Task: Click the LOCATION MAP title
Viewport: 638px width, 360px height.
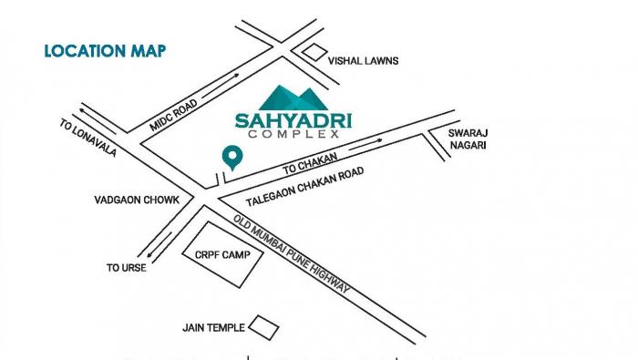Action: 105,50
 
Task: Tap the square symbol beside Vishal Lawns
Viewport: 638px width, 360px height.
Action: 314,52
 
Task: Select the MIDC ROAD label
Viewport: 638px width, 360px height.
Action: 173,116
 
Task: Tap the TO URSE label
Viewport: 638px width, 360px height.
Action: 126,268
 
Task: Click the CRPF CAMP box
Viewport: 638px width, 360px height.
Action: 222,256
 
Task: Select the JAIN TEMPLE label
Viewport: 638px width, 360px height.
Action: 212,327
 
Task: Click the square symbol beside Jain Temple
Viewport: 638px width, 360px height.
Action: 264,326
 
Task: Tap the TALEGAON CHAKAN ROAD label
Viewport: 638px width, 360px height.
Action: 305,187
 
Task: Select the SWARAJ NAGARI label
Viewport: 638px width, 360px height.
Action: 468,139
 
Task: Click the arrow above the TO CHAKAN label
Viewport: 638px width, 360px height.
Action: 365,143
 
